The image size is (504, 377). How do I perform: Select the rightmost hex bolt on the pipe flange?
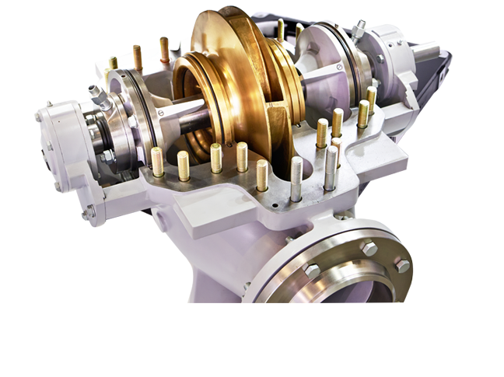(x=401, y=266)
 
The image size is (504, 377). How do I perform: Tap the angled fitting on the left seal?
(x=99, y=96)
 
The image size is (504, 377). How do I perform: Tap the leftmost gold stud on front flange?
(x=157, y=161)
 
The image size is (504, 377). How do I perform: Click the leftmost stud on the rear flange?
(x=114, y=63)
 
